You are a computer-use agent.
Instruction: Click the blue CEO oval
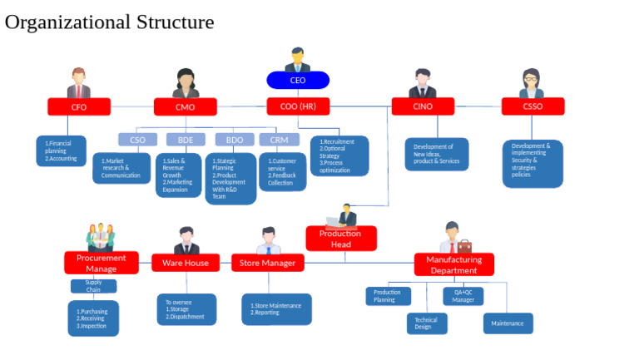click(x=298, y=81)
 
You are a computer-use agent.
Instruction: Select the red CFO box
click(x=79, y=106)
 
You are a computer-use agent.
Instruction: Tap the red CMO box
click(x=185, y=106)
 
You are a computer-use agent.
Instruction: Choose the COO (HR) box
click(x=298, y=106)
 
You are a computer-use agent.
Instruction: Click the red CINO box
click(x=423, y=106)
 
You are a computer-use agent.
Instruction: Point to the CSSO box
click(x=532, y=106)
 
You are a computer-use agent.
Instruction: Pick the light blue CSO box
click(x=137, y=140)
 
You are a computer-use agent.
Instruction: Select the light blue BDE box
click(x=186, y=140)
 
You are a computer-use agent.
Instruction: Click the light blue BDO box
click(x=235, y=140)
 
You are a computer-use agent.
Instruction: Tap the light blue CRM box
click(x=279, y=140)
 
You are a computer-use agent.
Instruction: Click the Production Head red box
click(x=340, y=239)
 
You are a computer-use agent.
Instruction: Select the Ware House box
click(x=186, y=263)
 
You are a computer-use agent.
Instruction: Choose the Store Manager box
click(x=268, y=263)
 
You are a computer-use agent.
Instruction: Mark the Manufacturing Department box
click(x=453, y=264)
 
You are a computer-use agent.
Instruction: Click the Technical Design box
click(x=426, y=323)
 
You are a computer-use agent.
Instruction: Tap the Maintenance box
click(x=508, y=323)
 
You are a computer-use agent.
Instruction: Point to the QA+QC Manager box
click(x=463, y=296)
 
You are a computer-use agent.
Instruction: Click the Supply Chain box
click(x=93, y=286)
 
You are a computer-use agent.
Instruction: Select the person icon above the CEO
click(x=297, y=60)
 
